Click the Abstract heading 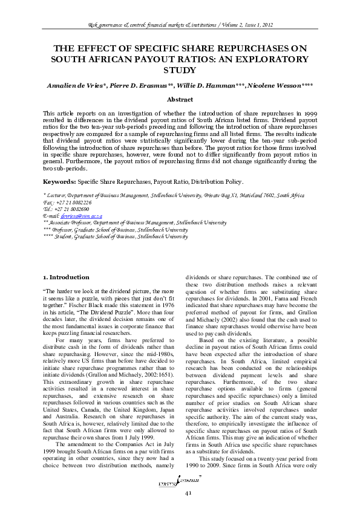[x=180, y=99]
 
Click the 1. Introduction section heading [x=67, y=277]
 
